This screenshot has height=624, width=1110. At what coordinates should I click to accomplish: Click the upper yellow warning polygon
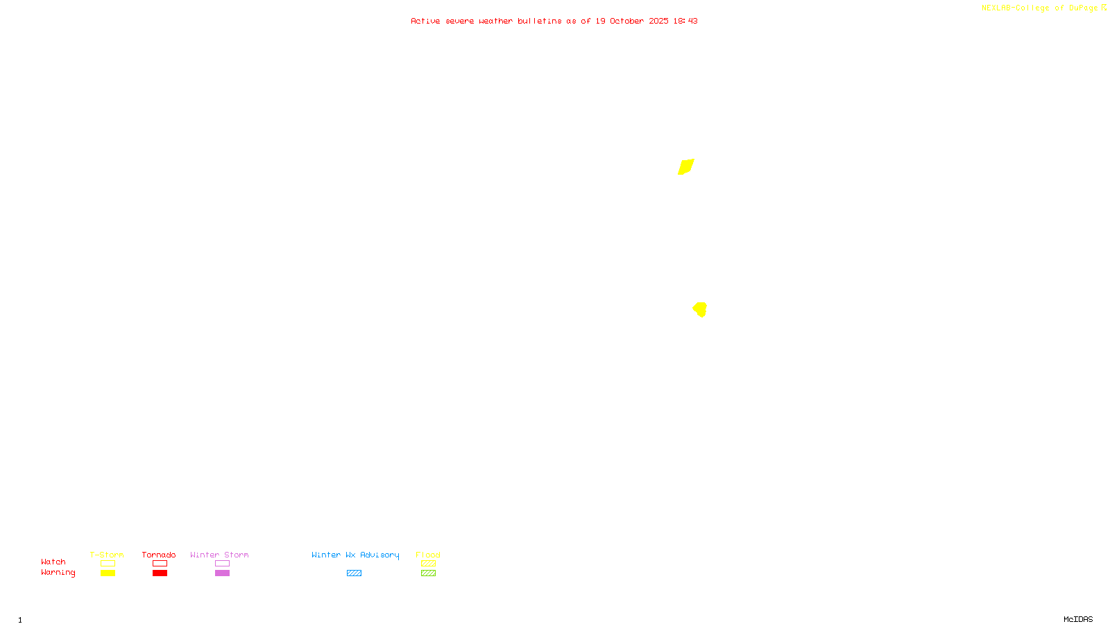pos(686,167)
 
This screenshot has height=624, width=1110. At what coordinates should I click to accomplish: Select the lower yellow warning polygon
pos(700,309)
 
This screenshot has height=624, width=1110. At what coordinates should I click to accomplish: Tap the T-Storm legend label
pos(107,555)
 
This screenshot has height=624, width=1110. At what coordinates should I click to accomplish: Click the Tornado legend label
pos(159,555)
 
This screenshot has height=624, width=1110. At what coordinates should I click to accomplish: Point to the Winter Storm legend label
pos(219,555)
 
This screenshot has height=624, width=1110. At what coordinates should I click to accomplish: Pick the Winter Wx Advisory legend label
pos(355,555)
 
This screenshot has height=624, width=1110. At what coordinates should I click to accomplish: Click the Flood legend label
pos(428,555)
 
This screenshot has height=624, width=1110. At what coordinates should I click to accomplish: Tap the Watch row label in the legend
pos(53,562)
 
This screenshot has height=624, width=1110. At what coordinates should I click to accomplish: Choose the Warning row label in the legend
pos(58,573)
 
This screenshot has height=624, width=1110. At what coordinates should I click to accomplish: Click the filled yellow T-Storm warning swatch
pos(108,573)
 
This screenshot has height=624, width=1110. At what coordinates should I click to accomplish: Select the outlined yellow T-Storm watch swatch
pos(108,564)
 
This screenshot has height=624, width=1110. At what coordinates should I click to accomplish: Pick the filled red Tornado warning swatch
pos(160,573)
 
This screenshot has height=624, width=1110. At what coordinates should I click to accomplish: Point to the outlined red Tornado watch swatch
pos(160,564)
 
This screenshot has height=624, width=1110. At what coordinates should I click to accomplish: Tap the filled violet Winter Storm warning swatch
pos(222,573)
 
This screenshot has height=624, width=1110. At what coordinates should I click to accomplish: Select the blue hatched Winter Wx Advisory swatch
pos(354,573)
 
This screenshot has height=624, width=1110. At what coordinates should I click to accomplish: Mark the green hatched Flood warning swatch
pos(428,573)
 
